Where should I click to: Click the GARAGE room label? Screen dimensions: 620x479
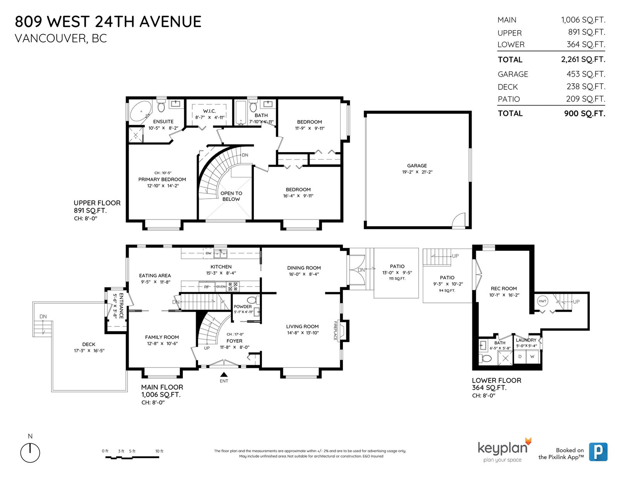(x=417, y=166)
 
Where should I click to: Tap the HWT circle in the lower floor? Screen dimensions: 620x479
(x=542, y=301)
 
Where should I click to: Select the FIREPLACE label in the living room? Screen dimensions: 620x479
(x=335, y=331)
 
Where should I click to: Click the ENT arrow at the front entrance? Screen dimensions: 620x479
(x=224, y=375)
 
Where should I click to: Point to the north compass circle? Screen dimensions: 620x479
(x=30, y=453)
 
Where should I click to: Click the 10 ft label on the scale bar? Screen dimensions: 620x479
(x=159, y=451)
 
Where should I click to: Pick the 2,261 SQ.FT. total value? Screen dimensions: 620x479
(x=583, y=59)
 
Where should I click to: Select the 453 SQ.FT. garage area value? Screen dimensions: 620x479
(x=586, y=74)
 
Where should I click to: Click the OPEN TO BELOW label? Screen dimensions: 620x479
(x=231, y=196)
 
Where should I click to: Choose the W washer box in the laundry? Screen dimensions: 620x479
(x=532, y=357)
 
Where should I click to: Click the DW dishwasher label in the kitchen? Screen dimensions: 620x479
(x=208, y=253)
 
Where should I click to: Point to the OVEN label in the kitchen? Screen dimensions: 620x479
(x=221, y=287)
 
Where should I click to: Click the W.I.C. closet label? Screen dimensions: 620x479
(x=209, y=111)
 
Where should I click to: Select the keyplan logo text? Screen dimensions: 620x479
(x=503, y=448)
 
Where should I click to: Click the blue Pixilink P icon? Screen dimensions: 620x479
(x=598, y=452)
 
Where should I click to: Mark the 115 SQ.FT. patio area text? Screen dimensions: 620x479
(x=397, y=278)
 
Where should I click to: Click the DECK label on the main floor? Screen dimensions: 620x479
(x=89, y=344)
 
